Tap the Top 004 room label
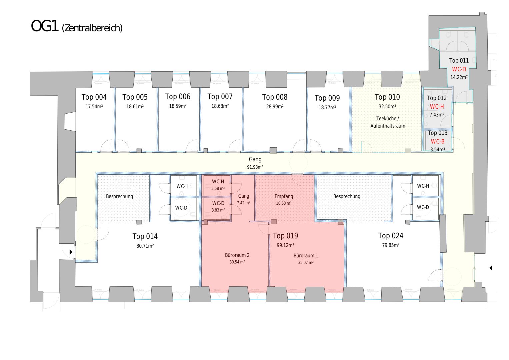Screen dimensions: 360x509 click(94, 97)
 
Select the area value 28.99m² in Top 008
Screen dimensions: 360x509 click(275, 107)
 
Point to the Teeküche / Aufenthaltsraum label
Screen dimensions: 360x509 click(388, 122)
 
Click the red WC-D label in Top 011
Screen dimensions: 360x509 click(459, 69)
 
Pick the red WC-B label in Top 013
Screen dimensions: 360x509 click(437, 141)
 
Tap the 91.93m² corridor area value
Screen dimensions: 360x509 click(255, 167)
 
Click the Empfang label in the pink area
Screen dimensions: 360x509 click(284, 196)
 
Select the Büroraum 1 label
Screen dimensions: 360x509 click(306, 256)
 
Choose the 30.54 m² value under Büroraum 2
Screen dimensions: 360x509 click(237, 262)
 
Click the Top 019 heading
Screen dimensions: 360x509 click(285, 236)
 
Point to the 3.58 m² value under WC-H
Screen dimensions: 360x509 click(218, 189)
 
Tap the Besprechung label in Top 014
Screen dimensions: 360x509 click(119, 196)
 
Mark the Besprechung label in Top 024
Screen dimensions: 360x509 click(347, 196)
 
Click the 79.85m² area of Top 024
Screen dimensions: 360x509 click(391, 245)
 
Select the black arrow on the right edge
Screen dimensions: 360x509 click(491, 268)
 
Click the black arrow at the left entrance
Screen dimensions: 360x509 click(71, 252)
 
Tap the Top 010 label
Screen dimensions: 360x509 click(387, 97)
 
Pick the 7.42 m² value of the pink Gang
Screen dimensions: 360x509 click(243, 203)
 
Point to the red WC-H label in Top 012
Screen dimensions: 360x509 click(437, 107)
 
